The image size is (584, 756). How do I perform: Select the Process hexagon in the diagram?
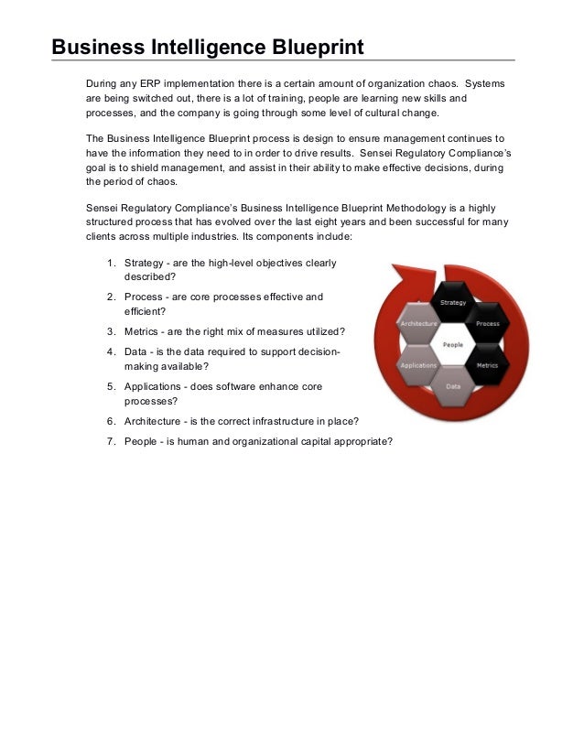pyautogui.click(x=486, y=324)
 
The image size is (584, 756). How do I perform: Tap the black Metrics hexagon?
pyautogui.click(x=486, y=364)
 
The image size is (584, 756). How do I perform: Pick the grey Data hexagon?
pyautogui.click(x=453, y=385)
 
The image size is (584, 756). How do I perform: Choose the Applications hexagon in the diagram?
pyautogui.click(x=418, y=364)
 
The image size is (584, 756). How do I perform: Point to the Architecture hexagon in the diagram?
pyautogui.click(x=418, y=324)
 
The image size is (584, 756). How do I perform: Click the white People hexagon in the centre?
pyautogui.click(x=452, y=344)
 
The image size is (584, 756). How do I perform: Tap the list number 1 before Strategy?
pyautogui.click(x=110, y=264)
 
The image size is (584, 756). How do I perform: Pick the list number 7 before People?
pyautogui.click(x=110, y=441)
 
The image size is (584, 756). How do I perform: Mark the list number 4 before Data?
pyautogui.click(x=110, y=351)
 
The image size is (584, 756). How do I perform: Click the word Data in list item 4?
pyautogui.click(x=136, y=351)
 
